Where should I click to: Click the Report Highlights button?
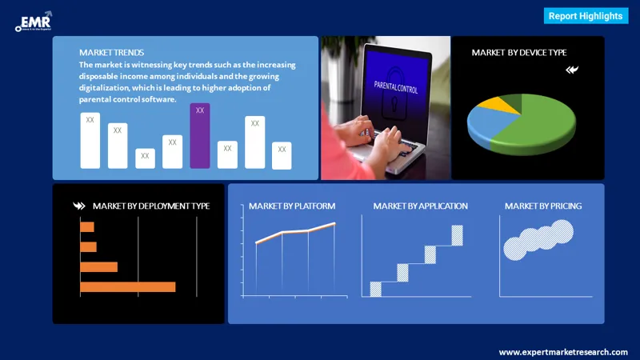585,16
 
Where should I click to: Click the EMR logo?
33,22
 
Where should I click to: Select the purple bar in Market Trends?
200,136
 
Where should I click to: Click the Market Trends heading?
112,53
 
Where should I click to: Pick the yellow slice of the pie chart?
505,103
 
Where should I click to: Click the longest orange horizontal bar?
127,286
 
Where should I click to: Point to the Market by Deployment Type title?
150,206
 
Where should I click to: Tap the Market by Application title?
420,206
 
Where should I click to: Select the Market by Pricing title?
542,206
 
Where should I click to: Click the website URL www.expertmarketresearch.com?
563,352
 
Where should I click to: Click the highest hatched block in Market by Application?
457,235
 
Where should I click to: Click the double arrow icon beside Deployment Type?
78,206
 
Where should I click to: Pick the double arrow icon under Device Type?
571,70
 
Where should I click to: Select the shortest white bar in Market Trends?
145,158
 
